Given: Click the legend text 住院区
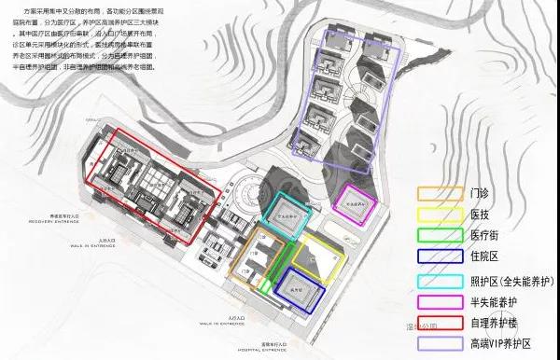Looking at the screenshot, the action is click(x=492, y=255).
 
